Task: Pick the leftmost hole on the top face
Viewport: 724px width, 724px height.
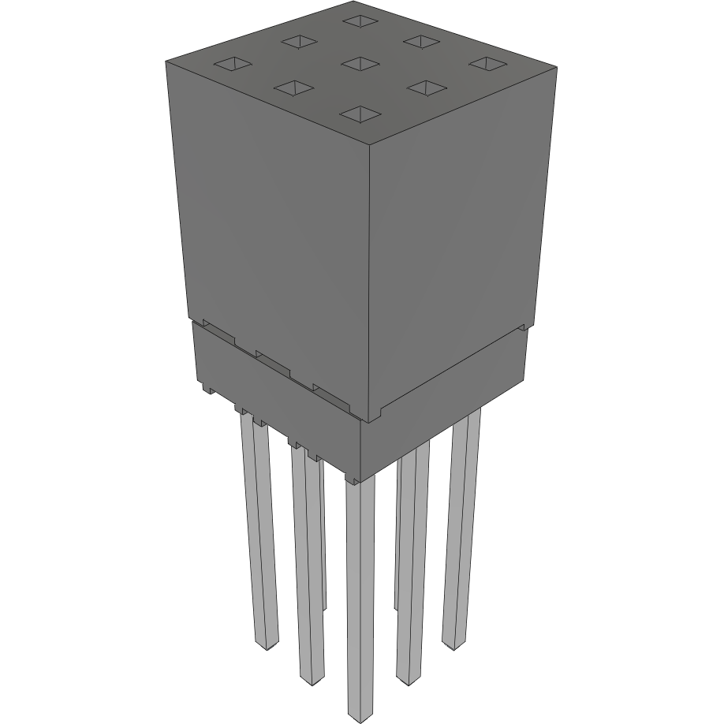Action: (230, 65)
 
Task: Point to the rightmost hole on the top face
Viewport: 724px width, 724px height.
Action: (487, 62)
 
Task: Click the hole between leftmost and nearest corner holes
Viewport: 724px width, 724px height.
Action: (293, 88)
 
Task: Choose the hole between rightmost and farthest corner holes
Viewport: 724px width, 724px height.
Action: (422, 40)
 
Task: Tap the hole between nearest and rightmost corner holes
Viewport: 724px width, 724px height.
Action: (424, 87)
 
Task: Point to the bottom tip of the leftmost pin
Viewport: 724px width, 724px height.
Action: (268, 645)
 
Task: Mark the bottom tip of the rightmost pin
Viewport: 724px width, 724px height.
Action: (453, 645)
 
